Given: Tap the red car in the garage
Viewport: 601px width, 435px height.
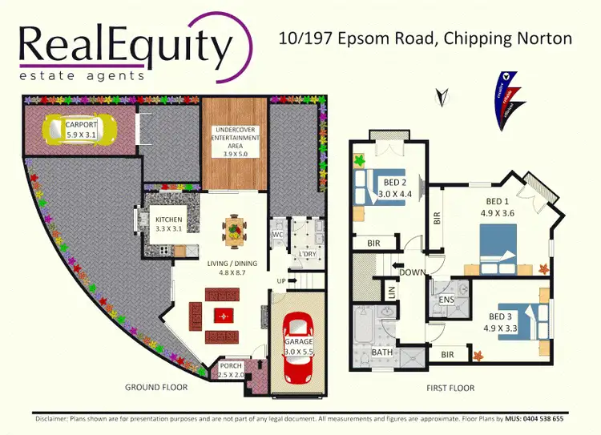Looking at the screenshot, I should coord(297,339).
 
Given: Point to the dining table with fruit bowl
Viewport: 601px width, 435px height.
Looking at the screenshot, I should coord(233,232).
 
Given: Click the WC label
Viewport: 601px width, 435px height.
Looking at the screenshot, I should coord(277,235).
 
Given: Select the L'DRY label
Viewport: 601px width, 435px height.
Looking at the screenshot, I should coord(306,255).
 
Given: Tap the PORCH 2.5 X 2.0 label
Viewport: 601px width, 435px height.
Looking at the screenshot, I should coord(232,371).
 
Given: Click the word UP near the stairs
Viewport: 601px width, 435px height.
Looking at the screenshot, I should coord(280,281).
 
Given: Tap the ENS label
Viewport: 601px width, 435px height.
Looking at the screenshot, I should coord(446,300).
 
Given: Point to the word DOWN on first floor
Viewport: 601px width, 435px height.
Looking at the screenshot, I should coord(413,272).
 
